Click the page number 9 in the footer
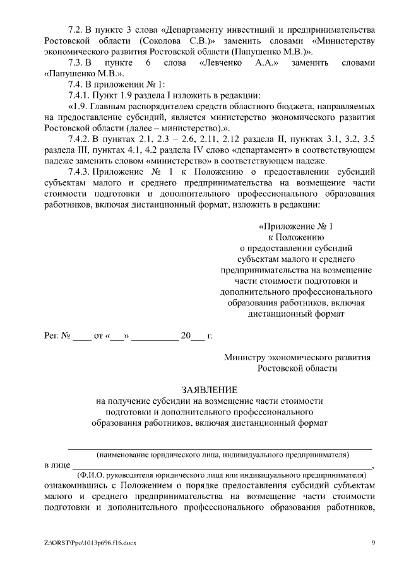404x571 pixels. coord(373,542)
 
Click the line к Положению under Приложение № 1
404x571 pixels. coord(295,237)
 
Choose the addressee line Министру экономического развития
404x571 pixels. coord(297,357)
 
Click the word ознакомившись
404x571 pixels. coord(76,486)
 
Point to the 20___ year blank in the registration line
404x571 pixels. coord(193,336)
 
